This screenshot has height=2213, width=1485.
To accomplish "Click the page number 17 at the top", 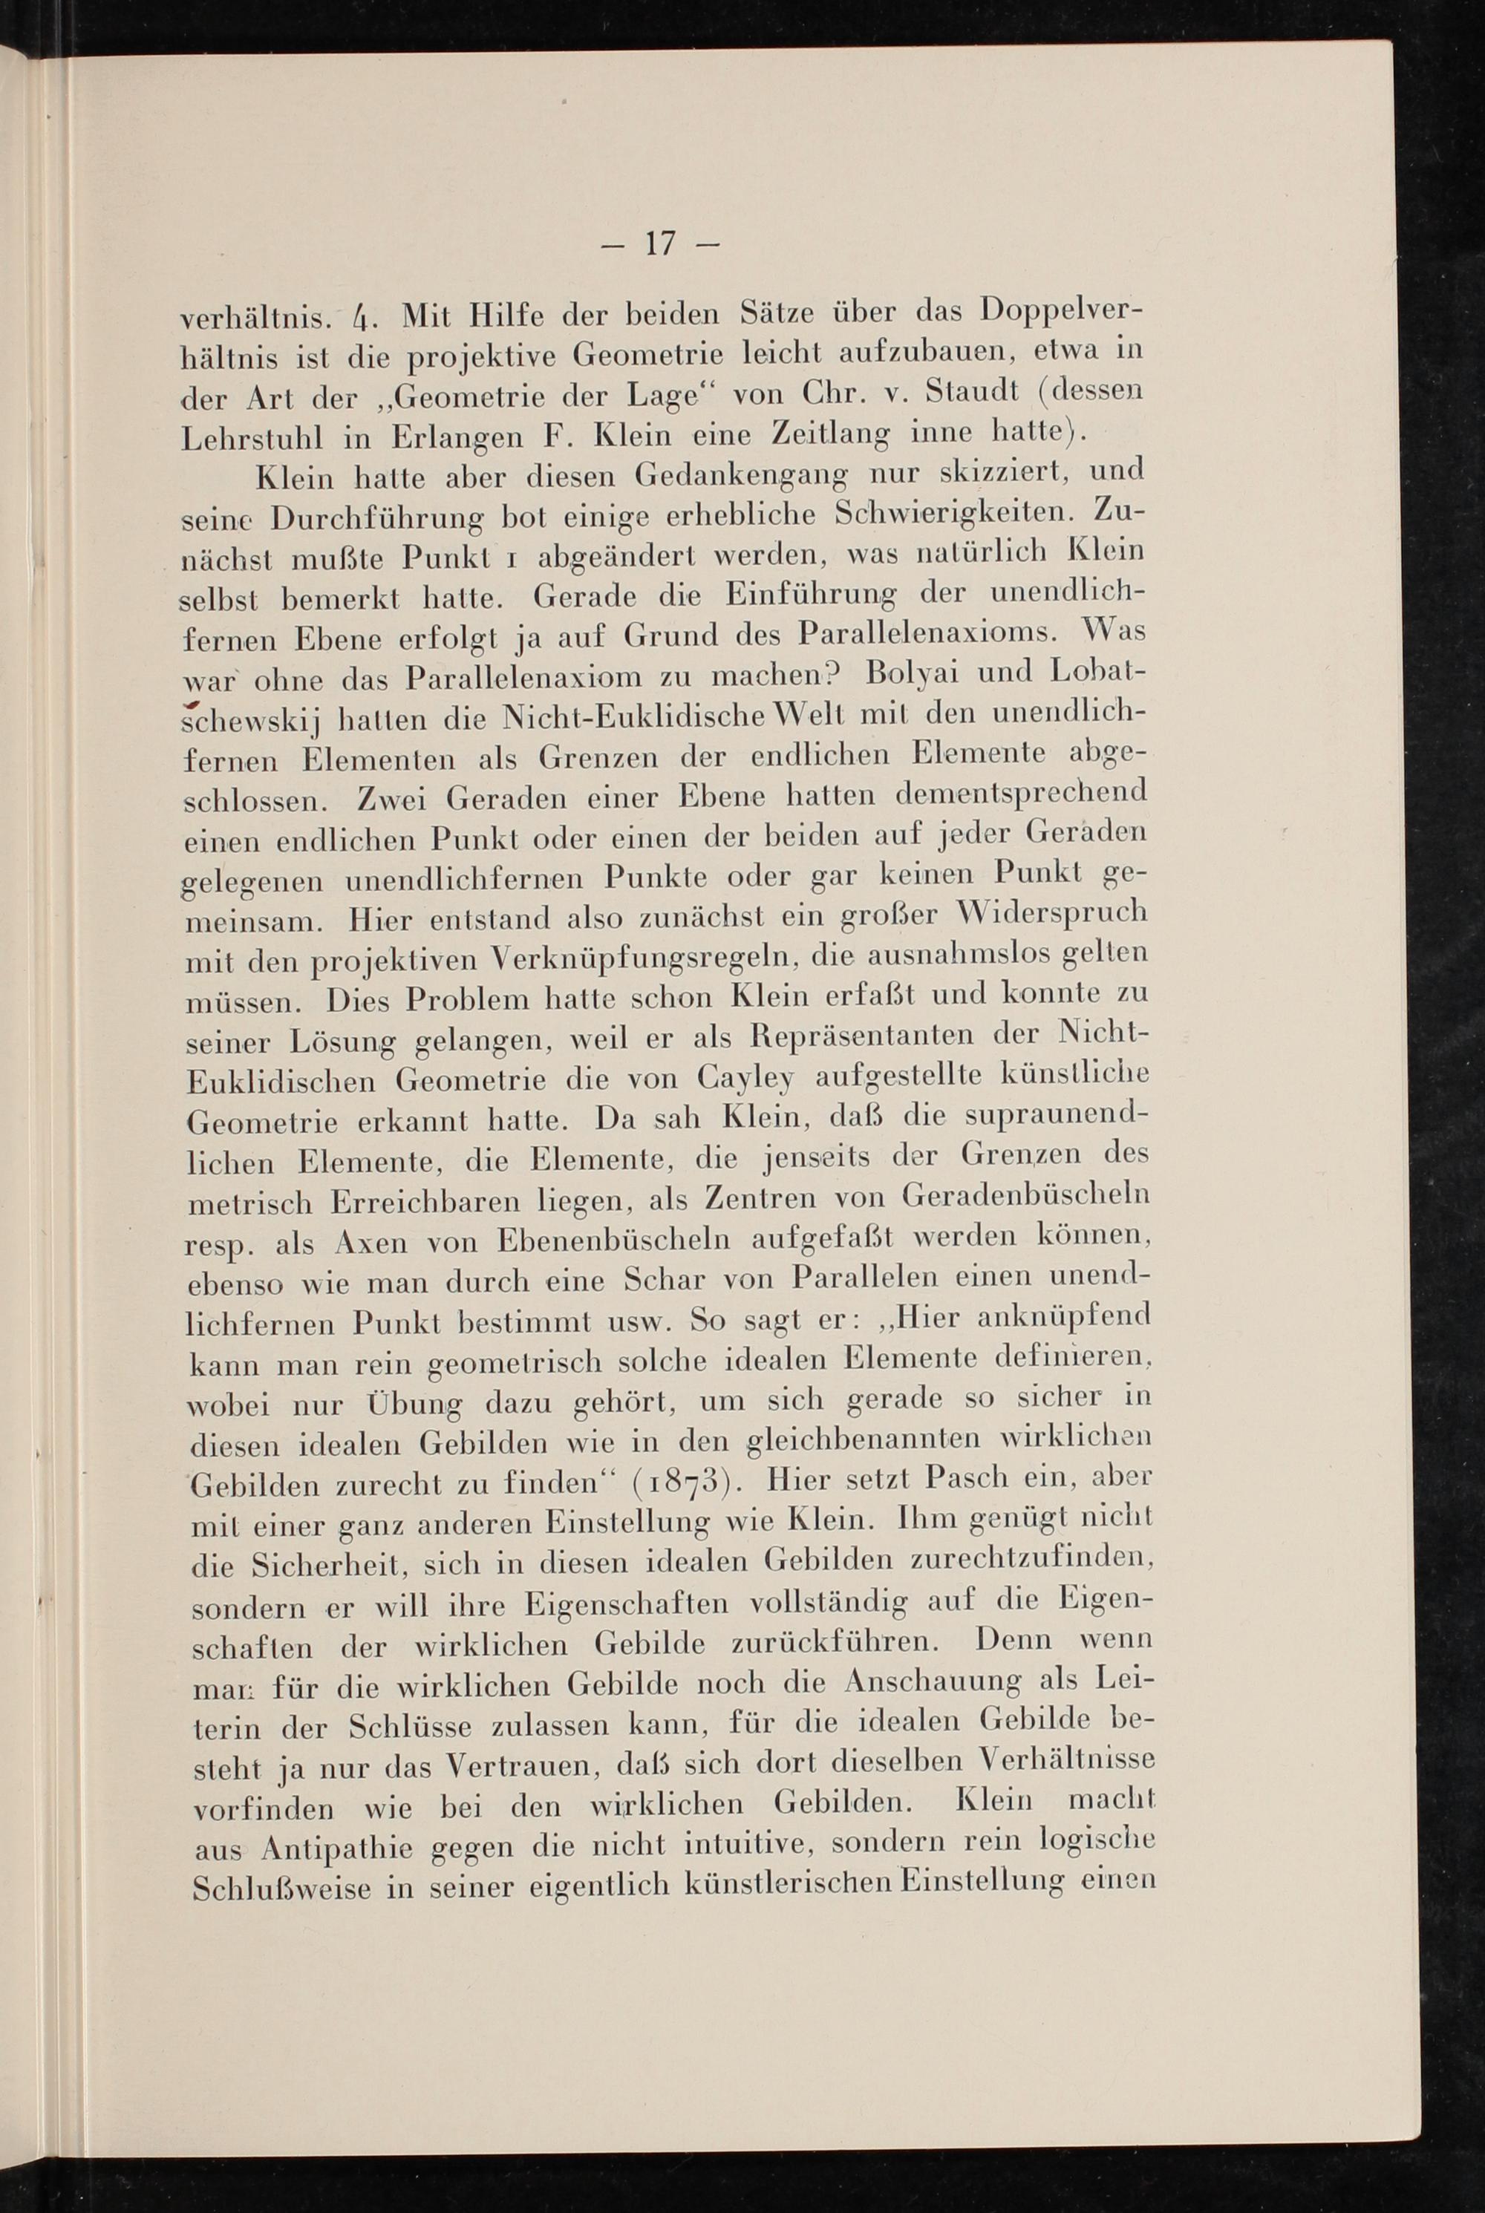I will click(x=660, y=244).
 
